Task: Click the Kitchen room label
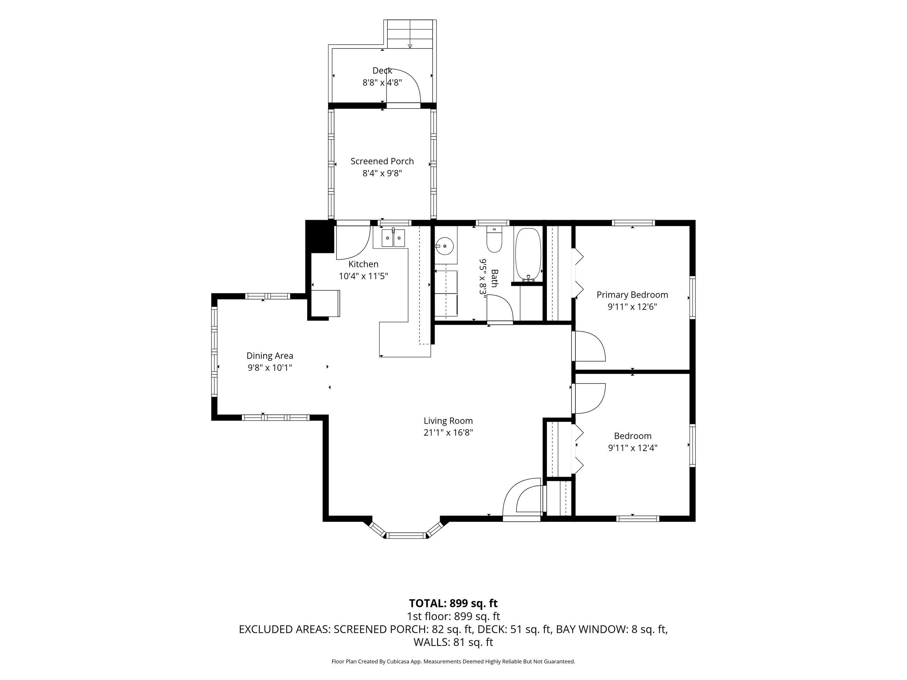point(363,264)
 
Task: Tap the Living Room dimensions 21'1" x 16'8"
point(448,433)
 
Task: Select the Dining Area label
point(270,356)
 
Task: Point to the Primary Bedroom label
point(632,295)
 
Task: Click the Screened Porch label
point(382,161)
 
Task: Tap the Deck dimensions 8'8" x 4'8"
point(382,83)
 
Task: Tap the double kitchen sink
point(393,238)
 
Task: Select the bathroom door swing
point(500,310)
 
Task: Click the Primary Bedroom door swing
point(589,346)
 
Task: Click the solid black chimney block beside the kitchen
point(320,237)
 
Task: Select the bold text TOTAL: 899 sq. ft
point(453,603)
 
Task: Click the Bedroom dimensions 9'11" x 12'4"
point(633,448)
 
